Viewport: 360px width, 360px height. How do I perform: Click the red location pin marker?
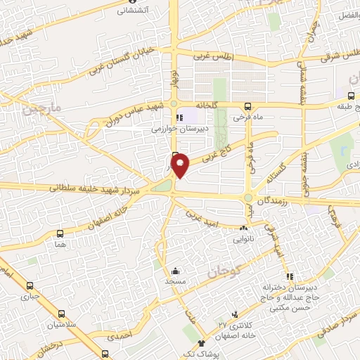coord(181,165)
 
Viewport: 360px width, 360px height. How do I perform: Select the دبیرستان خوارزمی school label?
coord(181,129)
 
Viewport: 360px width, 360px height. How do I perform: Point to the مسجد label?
coord(174,281)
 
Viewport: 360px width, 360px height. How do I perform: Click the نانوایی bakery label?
coord(244,238)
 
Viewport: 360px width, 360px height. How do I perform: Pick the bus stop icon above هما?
coord(59,233)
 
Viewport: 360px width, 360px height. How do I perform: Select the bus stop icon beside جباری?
coord(30,286)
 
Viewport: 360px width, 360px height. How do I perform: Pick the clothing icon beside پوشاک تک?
coord(202,344)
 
